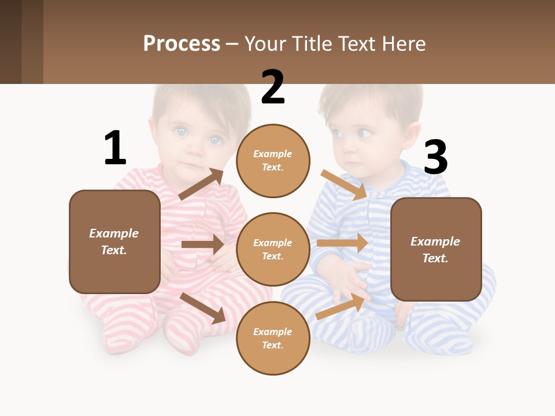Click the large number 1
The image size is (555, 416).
click(114, 148)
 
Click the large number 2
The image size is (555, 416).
click(272, 87)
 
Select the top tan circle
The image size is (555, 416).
click(273, 161)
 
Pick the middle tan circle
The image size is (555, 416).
click(273, 250)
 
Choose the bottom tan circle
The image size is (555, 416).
click(273, 339)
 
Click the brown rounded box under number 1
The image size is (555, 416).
click(114, 242)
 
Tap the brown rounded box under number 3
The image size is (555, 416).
click(436, 250)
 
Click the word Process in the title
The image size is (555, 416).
click(182, 43)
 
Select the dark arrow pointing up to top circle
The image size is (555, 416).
click(201, 184)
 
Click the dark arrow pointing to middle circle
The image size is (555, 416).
click(202, 244)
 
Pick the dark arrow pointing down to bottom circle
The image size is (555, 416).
click(203, 308)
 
